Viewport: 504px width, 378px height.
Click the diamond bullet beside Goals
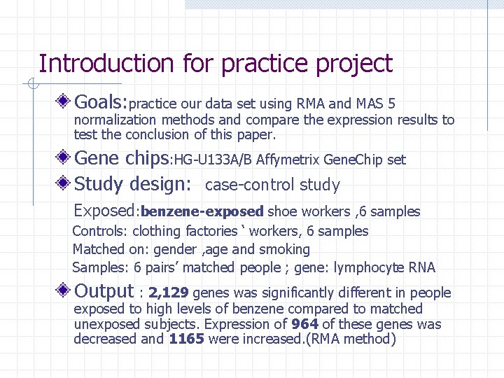64,102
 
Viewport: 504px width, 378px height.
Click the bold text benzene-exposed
202,211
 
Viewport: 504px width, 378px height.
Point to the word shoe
281,211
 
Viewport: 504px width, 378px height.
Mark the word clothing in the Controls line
156,231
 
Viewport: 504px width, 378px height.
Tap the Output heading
104,291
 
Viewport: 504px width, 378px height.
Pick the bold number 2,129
169,293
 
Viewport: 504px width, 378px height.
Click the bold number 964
305,324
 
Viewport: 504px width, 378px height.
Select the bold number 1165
186,339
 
